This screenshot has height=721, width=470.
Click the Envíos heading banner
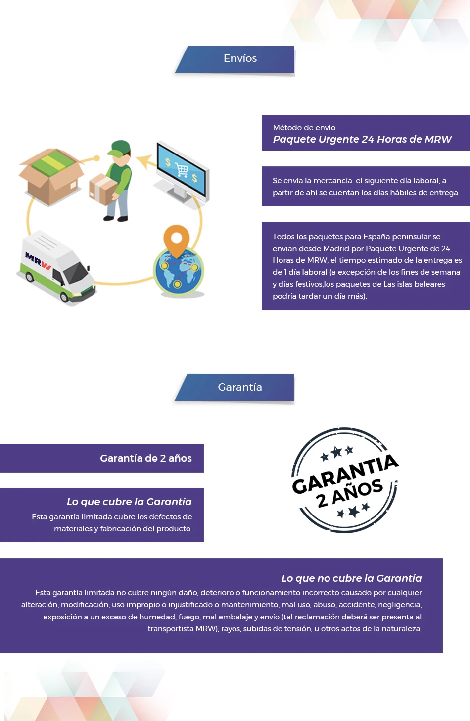[x=235, y=59]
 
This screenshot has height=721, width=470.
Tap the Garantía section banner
[x=235, y=387]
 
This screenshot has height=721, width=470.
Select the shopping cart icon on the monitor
[x=182, y=169]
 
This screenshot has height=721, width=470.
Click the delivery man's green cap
[x=119, y=149]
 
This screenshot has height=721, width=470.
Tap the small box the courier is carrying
[x=103, y=189]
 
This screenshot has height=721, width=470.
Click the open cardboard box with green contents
[x=51, y=176]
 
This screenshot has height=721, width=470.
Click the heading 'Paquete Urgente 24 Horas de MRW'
[x=362, y=139]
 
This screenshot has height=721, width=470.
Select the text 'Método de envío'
[x=304, y=127]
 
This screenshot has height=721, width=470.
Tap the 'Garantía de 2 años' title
[x=146, y=458]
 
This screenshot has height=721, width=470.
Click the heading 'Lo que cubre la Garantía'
[x=129, y=502]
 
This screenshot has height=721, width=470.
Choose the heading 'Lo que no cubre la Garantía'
[x=352, y=578]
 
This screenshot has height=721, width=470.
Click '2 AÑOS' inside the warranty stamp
[x=349, y=493]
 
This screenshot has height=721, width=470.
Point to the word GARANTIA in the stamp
[x=345, y=473]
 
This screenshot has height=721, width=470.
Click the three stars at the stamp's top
[x=336, y=452]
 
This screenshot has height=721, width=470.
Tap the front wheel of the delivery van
[x=65, y=297]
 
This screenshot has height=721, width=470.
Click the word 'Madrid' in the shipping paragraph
[x=335, y=249]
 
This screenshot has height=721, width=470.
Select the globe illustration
[x=179, y=270]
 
